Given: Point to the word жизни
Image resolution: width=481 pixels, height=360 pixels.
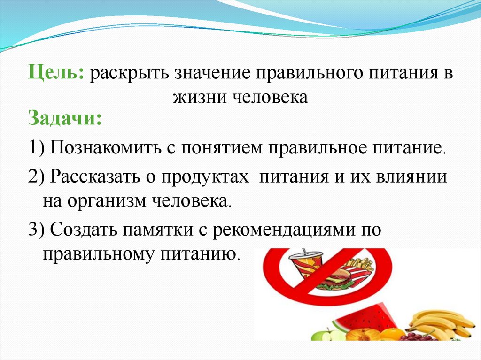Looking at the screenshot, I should point(200,97).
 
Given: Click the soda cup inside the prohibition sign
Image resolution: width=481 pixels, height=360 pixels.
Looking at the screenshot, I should point(305,266).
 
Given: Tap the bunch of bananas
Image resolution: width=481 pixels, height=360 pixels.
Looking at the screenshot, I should point(439,324).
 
